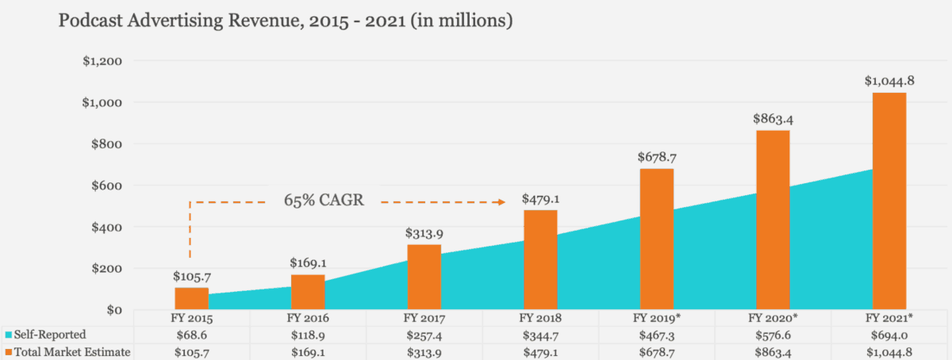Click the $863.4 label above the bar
tap(773, 119)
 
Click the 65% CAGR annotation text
tap(324, 200)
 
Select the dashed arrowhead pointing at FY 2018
tap(500, 202)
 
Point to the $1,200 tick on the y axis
tap(102, 61)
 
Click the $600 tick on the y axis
tap(106, 186)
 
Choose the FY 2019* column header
tap(657, 318)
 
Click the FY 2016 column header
tap(307, 318)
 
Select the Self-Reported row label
tap(49, 335)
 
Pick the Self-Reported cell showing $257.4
tap(424, 335)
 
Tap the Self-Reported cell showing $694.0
tap(889, 335)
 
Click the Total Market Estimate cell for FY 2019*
tap(657, 351)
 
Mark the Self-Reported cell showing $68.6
tap(191, 335)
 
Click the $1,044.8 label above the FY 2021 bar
tap(889, 81)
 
